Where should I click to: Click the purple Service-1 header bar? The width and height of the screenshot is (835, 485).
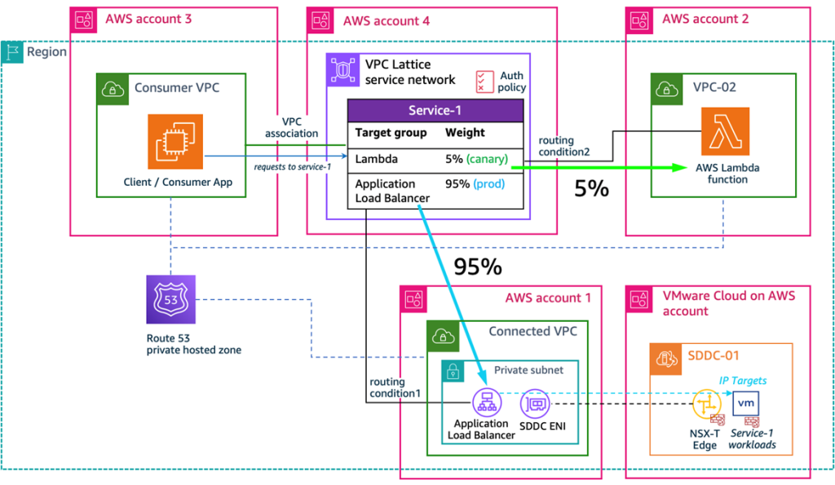pyautogui.click(x=435, y=110)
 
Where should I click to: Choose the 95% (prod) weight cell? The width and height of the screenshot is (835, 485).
pyautogui.click(x=475, y=184)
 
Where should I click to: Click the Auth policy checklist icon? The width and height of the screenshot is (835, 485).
pyautogui.click(x=485, y=81)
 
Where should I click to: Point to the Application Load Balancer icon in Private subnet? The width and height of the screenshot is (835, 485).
pyautogui.click(x=487, y=402)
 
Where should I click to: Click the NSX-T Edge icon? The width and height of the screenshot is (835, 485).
pyautogui.click(x=704, y=404)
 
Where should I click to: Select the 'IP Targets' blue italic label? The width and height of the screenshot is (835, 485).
pyautogui.click(x=742, y=380)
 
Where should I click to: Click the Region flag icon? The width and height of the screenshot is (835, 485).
pyautogui.click(x=13, y=51)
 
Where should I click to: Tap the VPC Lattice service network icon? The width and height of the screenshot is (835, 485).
pyautogui.click(x=343, y=71)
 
